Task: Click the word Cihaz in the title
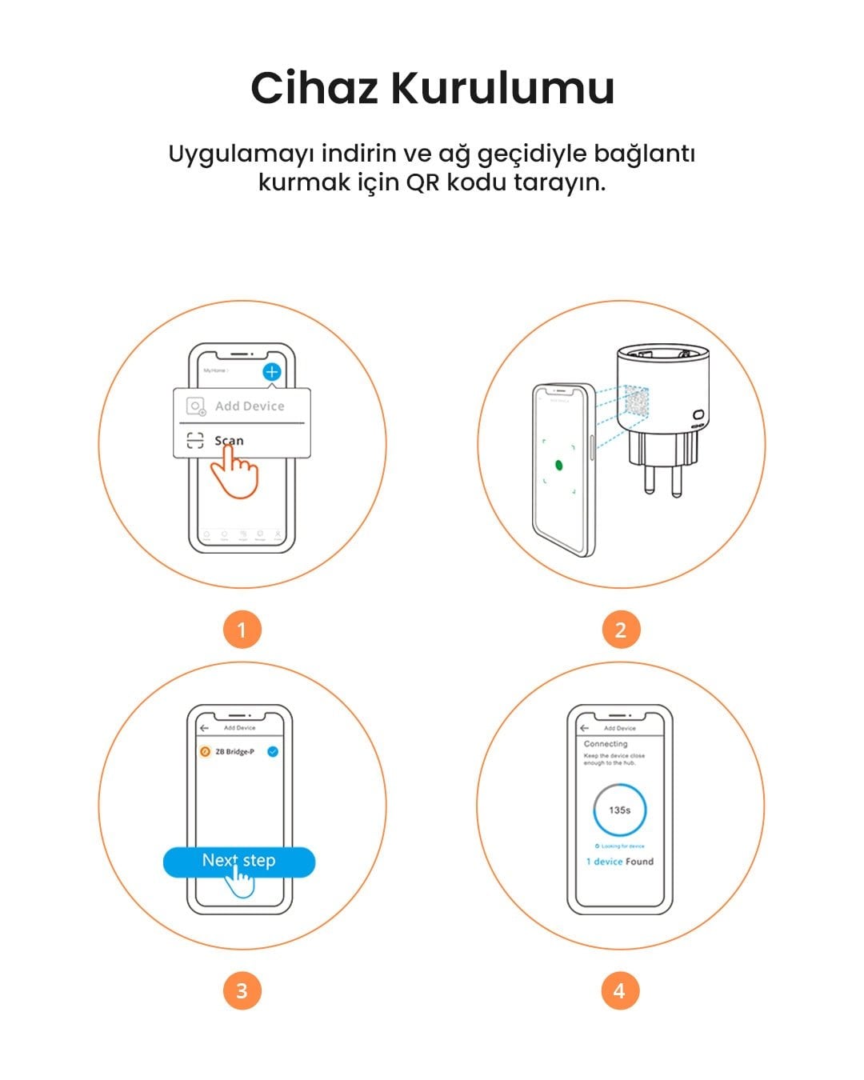[314, 88]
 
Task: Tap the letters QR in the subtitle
[422, 182]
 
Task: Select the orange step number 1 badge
[242, 630]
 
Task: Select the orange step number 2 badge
[621, 630]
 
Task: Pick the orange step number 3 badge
[242, 991]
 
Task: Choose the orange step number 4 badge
[619, 991]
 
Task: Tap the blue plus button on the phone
[272, 372]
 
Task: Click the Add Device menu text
[250, 406]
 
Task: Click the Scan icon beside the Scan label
[195, 440]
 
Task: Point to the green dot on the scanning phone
[558, 465]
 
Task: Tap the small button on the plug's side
[698, 415]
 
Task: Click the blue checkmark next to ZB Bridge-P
[273, 752]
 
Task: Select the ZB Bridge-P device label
[234, 752]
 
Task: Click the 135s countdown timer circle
[619, 810]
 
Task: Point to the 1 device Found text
[619, 862]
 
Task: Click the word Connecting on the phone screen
[606, 744]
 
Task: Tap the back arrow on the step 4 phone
[584, 728]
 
